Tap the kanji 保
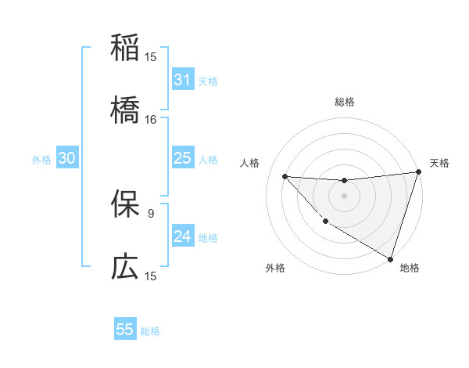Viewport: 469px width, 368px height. coord(125,204)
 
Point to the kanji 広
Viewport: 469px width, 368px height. coord(125,267)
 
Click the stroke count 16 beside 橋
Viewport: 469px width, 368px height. coord(151,120)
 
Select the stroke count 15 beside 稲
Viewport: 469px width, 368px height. coord(151,56)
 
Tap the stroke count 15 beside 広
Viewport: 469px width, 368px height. coord(151,276)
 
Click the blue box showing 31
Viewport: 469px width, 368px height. coord(182,80)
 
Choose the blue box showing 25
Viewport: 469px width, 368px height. coord(182,158)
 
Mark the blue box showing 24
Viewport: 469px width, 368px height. coord(182,236)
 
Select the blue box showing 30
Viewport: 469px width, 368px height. coord(67,158)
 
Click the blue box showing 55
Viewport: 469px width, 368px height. coord(125,330)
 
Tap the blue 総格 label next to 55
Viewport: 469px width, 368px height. coord(151,331)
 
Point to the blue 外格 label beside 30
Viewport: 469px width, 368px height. coord(41,160)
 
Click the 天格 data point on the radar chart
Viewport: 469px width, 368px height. coord(418,173)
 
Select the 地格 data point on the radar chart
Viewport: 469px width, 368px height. coord(390,258)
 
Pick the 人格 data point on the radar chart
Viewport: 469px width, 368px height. coord(285,176)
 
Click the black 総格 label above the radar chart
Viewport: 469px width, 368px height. coord(344,102)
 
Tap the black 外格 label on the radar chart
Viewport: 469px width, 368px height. coord(274,268)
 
